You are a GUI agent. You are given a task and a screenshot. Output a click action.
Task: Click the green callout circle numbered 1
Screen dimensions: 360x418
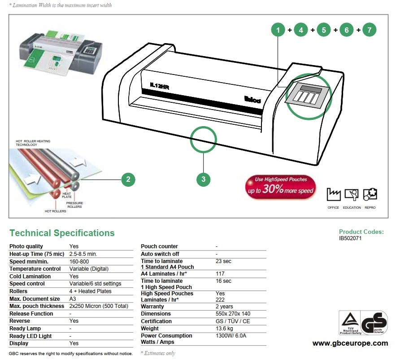[x=278, y=30]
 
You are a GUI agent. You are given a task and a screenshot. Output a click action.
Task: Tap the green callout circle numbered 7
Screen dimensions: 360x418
[x=369, y=30]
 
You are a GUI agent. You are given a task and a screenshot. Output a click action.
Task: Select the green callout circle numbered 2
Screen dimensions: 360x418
[x=128, y=180]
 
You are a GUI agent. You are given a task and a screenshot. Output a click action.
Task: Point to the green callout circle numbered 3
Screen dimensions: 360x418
[x=203, y=180]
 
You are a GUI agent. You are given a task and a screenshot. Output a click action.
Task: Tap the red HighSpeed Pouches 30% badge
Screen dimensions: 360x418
[x=280, y=187]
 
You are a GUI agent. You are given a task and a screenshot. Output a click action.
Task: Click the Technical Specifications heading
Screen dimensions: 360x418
[x=62, y=233]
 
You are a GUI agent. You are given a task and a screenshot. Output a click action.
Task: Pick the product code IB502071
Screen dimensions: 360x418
[x=350, y=238]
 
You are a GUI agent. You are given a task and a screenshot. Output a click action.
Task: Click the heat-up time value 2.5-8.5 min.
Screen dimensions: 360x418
[x=83, y=254]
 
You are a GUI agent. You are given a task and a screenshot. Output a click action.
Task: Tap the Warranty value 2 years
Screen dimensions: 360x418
[x=224, y=307]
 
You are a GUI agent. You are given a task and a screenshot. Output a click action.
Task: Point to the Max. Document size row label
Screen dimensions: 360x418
[x=35, y=299]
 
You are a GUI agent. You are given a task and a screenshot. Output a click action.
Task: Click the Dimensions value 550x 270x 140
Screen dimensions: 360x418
[x=232, y=314]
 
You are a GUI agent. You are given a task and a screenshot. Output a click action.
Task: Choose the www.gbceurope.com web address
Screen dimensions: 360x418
[x=350, y=343]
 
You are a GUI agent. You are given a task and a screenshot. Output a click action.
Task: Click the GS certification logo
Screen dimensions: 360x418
[x=374, y=323]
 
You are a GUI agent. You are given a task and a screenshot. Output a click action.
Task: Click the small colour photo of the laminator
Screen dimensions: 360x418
[x=61, y=56]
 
